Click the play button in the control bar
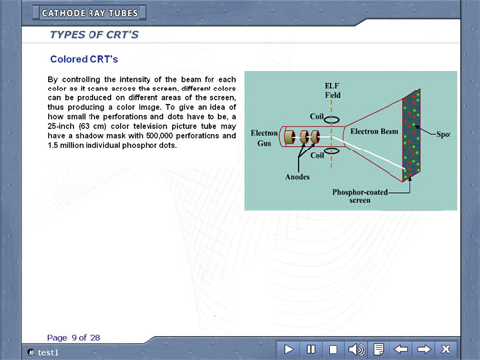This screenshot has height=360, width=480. coord(288,349)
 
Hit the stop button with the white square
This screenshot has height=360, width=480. coord(332,349)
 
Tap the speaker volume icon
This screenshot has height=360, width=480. coord(356,349)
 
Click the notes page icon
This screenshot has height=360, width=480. coord(379,349)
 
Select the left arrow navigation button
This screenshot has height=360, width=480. coord(400,349)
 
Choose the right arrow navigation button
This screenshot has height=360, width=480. coord(424,349)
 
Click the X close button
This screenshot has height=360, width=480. coord(446,349)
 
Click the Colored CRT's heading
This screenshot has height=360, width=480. coord(84,59)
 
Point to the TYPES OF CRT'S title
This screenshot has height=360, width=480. coord(94,35)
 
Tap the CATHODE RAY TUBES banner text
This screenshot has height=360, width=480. coord(90,13)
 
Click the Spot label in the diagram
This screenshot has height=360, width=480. coord(444,134)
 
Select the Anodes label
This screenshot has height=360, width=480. coord(297,177)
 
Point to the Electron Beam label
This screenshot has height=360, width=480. coord(375,131)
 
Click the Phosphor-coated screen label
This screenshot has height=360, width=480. coord(360,196)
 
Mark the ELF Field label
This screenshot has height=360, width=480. coord(332,90)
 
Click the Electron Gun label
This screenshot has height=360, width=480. coord(265,138)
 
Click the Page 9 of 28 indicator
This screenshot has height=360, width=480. coord(74,338)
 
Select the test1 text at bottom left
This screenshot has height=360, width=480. coord(48,353)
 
